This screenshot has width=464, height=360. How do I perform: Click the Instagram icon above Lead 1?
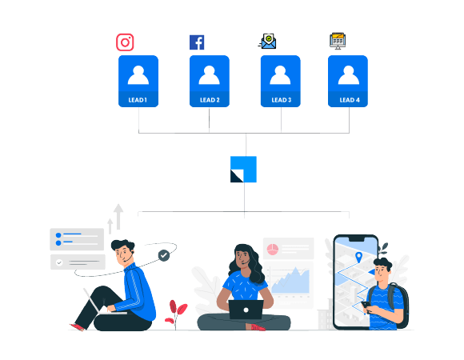click(x=125, y=42)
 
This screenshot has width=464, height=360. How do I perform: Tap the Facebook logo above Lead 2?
click(x=197, y=42)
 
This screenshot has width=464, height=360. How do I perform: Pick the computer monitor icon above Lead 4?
click(x=338, y=41)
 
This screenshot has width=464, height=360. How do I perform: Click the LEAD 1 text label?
click(x=138, y=100)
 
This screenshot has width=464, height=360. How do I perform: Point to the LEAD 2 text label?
click(x=209, y=100)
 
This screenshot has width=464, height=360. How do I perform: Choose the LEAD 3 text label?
click(x=281, y=100)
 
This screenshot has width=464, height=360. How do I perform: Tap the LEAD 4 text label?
click(x=348, y=100)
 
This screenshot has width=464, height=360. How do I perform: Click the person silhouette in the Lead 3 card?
click(x=281, y=74)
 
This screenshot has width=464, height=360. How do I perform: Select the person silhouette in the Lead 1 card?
click(x=138, y=74)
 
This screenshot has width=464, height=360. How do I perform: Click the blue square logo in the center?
click(x=243, y=170)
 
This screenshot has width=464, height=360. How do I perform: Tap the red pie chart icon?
click(x=271, y=249)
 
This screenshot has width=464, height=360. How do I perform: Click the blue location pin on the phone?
click(x=358, y=257)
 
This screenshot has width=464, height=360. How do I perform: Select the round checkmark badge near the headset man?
click(x=164, y=255)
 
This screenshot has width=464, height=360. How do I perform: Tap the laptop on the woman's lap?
click(x=244, y=310)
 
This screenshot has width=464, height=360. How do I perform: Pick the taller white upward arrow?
click(x=118, y=215)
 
